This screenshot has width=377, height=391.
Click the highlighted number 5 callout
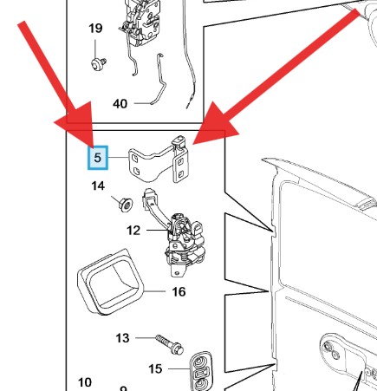pyautogui.click(x=98, y=158)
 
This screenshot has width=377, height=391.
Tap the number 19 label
pyautogui.click(x=95, y=29)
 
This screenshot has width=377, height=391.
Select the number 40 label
pyautogui.click(x=120, y=104)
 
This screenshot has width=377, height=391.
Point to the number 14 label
pyautogui.click(x=98, y=186)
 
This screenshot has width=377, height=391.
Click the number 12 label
pyautogui.click(x=133, y=231)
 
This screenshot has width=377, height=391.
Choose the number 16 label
pyautogui.click(x=179, y=292)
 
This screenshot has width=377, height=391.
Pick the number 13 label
pyautogui.click(x=122, y=338)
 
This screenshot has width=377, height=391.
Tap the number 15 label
pyautogui.click(x=155, y=369)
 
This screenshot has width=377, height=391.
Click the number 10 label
pyautogui.click(x=85, y=382)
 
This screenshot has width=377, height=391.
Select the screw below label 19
pyautogui.click(x=99, y=63)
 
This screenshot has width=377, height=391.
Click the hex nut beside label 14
pyautogui.click(x=126, y=205)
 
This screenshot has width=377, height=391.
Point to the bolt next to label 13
pyautogui.click(x=170, y=344)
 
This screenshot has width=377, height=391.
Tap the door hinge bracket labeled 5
pyautogui.click(x=159, y=160)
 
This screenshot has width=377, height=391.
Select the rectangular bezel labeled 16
pyautogui.click(x=110, y=283)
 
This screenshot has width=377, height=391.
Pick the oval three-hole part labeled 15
pyautogui.click(x=200, y=371)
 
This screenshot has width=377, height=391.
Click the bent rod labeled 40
pyautogui.click(x=159, y=79)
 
